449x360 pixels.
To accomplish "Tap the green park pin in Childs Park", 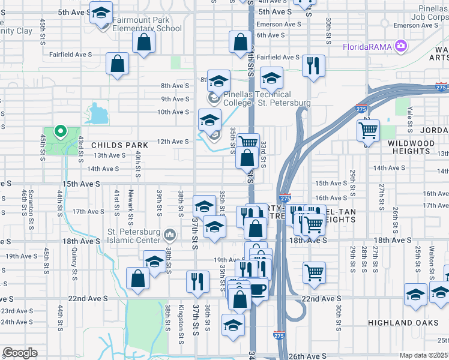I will pos(59,131).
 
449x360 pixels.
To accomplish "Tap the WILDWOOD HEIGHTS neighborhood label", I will pos(417,147).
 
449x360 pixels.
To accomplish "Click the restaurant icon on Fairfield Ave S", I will pos(312,65).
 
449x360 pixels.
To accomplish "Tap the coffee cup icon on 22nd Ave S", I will pos(258,289).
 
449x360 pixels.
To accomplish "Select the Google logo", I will pos(20,353).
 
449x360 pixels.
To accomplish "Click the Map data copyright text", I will pos(424,355).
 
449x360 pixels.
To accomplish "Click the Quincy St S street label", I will pos(74,263).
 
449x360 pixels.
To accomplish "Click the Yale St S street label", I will pos(410,120).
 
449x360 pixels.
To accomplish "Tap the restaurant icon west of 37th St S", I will pos(197,281).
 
